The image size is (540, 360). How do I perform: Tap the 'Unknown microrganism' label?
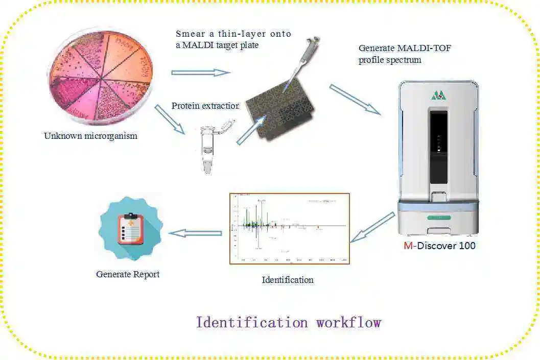(90, 136)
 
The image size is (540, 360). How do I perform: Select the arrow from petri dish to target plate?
(201, 73)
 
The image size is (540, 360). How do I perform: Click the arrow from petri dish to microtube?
(170, 119)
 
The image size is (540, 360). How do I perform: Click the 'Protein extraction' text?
(205, 106)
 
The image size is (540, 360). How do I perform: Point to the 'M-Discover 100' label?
(439, 246)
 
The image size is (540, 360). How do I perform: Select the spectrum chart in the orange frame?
(289, 228)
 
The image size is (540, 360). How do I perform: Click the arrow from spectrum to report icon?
(195, 233)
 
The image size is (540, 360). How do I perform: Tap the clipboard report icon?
(130, 229)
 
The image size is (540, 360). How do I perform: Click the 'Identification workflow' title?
(289, 323)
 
